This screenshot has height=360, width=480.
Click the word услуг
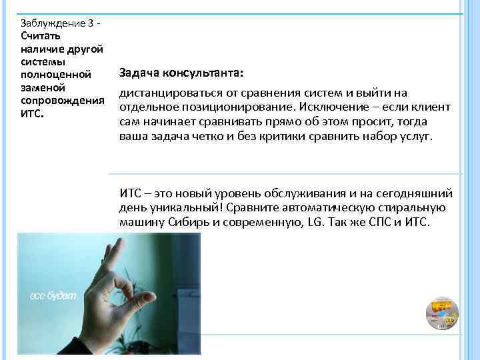[416, 137]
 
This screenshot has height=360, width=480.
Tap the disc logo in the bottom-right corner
[441, 313]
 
